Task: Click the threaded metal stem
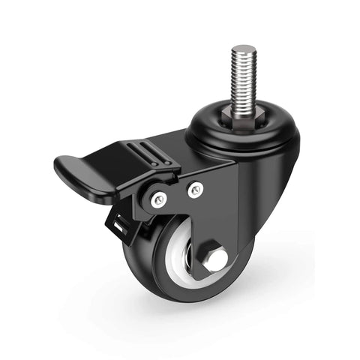[243, 75]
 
